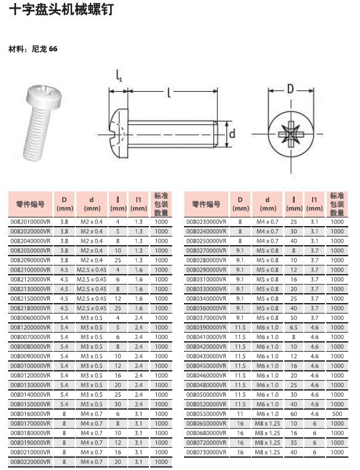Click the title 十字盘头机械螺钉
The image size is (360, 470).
(x=61, y=9)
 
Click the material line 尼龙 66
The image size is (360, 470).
(x=44, y=49)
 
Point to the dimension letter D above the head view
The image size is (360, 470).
(x=290, y=89)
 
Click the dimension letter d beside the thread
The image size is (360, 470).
(x=232, y=134)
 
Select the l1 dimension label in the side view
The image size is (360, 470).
(x=119, y=76)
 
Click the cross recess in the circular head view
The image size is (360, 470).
(x=291, y=134)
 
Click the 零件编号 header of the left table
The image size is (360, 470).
(x=30, y=204)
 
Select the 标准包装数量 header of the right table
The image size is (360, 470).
(x=337, y=204)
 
